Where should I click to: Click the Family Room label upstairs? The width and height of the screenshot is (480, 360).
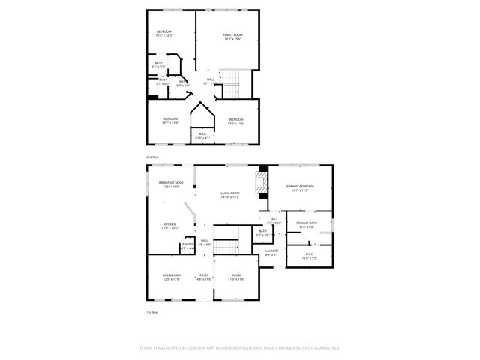tap(232, 37)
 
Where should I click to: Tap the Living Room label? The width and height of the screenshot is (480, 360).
tap(229, 196)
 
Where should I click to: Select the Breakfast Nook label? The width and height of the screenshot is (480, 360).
tap(170, 185)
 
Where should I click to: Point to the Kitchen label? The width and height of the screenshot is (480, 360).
tap(170, 226)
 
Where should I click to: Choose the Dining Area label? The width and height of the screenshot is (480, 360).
tap(171, 277)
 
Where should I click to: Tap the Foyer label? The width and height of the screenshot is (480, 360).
tap(204, 277)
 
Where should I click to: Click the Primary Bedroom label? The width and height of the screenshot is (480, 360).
tap(299, 188)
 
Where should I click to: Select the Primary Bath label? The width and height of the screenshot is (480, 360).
tap(306, 225)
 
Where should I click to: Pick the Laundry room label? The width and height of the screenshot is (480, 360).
tap(271, 252)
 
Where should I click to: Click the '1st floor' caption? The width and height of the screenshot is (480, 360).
tap(152, 311)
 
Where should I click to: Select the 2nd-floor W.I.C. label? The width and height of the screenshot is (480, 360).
tap(202, 136)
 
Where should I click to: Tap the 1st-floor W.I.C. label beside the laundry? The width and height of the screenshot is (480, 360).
tap(310, 256)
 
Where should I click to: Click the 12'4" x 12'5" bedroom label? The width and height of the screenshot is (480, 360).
tap(163, 33)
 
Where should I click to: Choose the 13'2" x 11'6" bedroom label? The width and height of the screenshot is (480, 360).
tap(236, 121)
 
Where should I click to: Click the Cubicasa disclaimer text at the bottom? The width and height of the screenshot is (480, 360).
tap(240, 348)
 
